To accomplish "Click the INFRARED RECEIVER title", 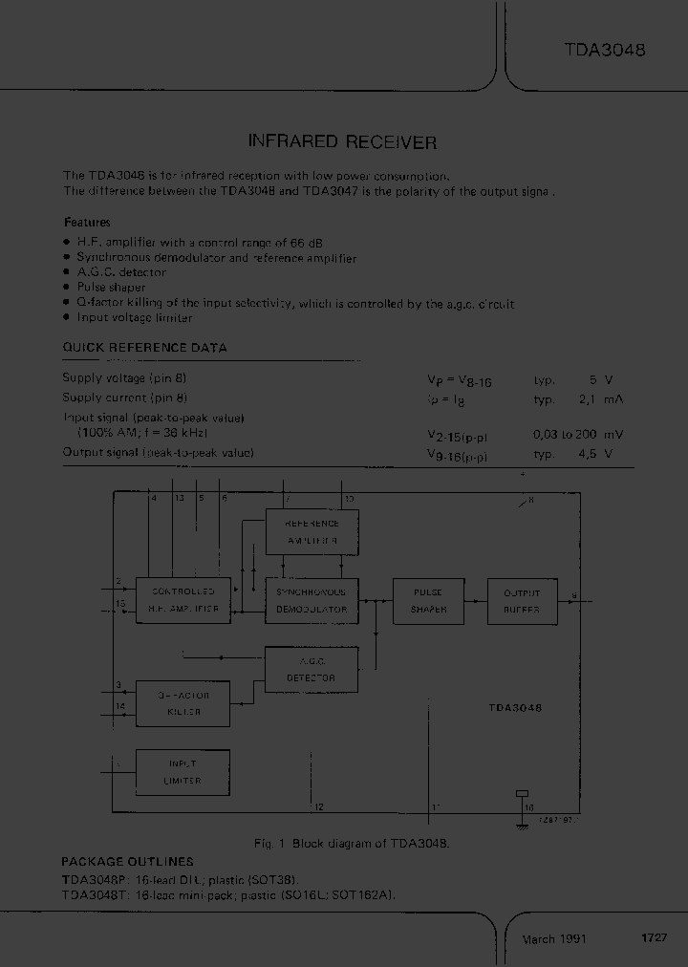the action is point(342,142).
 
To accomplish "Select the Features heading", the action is point(87,222).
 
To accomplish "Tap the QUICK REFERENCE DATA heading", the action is point(144,348).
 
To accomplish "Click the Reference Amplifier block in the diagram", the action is point(312,531).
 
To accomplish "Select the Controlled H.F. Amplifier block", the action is point(183,600).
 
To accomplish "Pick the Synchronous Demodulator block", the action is point(312,600).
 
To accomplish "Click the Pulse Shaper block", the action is point(429,600).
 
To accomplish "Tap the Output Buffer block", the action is point(522,600).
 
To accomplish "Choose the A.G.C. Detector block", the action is point(312,670).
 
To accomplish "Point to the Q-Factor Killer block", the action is point(183,703).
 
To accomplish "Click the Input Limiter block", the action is point(183,772).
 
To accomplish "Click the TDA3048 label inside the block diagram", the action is point(515,708).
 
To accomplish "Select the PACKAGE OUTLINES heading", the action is point(127,862).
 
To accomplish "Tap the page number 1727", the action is point(654,938).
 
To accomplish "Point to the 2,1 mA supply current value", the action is point(606,398).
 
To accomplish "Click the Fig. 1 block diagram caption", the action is point(352,844).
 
